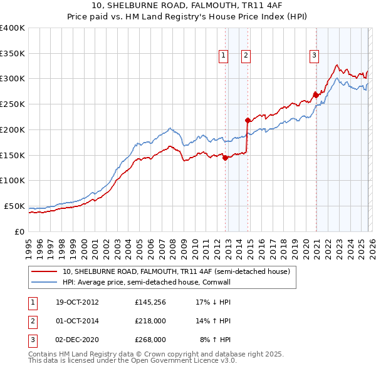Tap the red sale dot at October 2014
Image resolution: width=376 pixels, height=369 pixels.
[x=248, y=120]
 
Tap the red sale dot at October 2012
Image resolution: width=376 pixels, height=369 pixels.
[x=226, y=158]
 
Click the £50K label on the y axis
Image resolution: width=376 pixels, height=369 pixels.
[x=14, y=206]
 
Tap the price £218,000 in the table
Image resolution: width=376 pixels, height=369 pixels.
[x=150, y=321]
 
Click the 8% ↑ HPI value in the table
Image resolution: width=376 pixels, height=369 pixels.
[x=215, y=340]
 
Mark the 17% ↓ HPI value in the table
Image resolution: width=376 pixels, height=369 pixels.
[x=213, y=302]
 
